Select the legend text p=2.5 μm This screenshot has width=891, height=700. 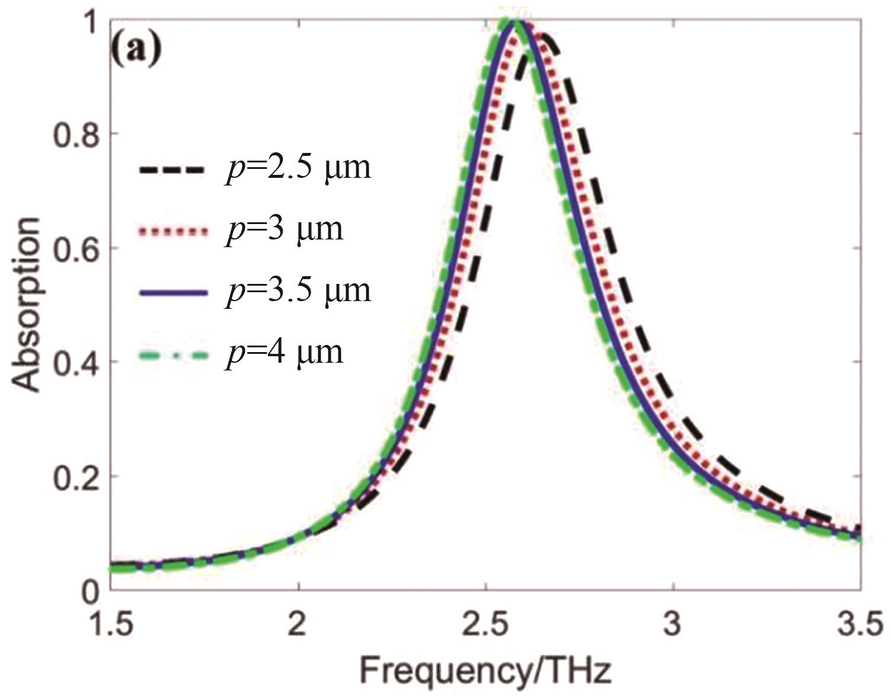[298, 167]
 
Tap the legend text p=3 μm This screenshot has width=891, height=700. [284, 229]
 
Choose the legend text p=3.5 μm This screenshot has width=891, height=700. [298, 290]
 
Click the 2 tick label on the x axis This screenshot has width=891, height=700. [298, 625]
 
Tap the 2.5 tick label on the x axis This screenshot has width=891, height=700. [485, 625]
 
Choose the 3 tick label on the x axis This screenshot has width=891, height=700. [672, 625]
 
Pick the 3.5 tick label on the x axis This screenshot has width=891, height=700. [858, 625]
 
